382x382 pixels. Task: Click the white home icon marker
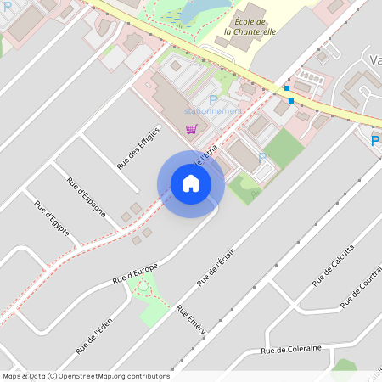click(x=191, y=183)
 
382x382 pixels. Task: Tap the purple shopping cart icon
click(x=192, y=129)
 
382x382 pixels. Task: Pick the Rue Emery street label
click(x=192, y=323)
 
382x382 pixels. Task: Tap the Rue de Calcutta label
click(x=333, y=264)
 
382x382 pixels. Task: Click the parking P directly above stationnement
click(x=213, y=99)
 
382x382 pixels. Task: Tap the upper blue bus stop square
click(x=287, y=88)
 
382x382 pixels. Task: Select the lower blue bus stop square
click(x=291, y=101)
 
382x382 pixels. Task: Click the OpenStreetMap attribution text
click(x=86, y=376)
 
